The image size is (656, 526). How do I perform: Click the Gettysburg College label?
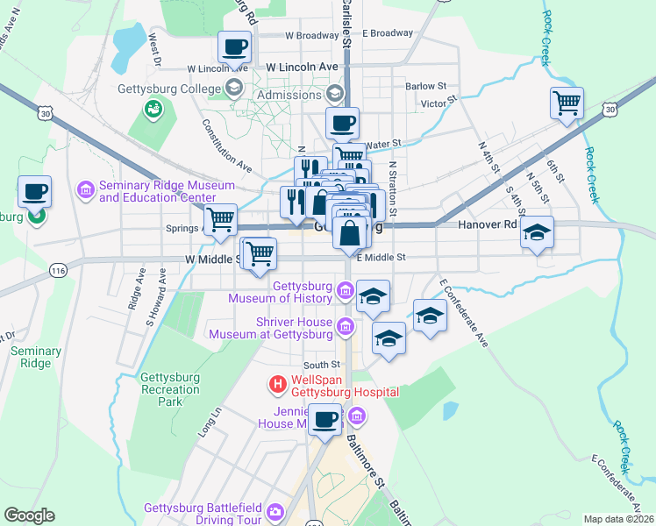coord(168,88)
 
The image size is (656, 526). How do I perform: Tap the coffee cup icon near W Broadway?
coord(235,46)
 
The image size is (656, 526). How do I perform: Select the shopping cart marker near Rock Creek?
coord(567,103)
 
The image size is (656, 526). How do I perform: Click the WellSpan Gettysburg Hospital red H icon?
coord(277,384)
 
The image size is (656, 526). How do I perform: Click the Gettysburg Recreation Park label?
coord(170,389)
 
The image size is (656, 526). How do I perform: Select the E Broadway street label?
coord(388,33)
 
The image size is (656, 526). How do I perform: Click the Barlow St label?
coord(426,87)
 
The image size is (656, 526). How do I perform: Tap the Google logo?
coord(29,515)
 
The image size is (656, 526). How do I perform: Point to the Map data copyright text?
coord(617,519)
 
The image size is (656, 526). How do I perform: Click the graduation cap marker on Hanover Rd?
coord(538,233)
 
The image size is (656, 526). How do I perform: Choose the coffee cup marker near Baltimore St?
coord(325,420)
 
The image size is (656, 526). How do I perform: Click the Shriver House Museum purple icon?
coord(346,328)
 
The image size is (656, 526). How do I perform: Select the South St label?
coord(321,365)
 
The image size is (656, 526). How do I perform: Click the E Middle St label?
coord(381,258)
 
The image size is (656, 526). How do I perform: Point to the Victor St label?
coord(434,103)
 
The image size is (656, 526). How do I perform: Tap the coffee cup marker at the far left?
coord(34,191)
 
